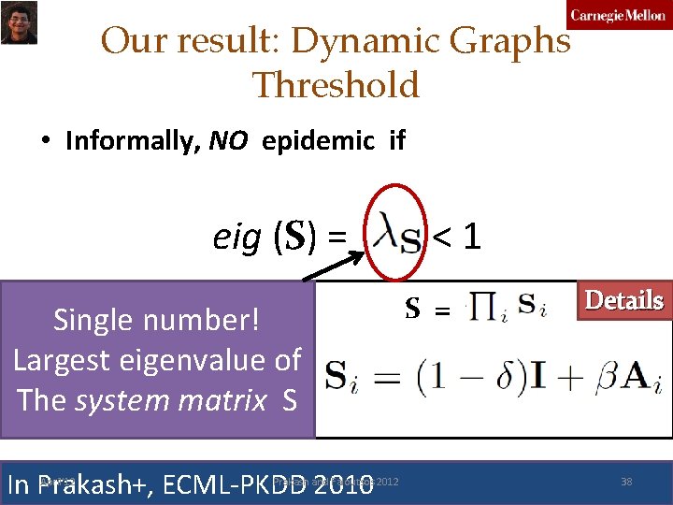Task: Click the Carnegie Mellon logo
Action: (x=619, y=16)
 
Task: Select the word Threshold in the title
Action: (x=336, y=85)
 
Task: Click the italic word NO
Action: (x=228, y=141)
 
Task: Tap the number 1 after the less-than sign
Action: (x=472, y=238)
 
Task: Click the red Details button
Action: (x=623, y=301)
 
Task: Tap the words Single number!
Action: (x=157, y=320)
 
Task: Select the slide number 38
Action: (x=626, y=482)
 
